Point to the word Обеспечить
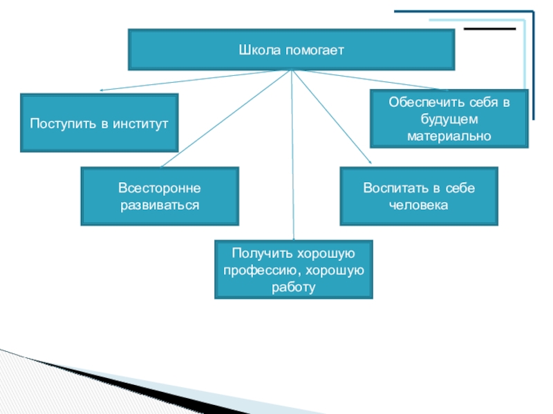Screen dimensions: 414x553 pos(420,103)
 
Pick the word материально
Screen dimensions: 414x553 pos(449,136)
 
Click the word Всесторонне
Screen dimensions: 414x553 pos(160,188)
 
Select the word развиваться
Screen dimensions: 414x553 pos(160,205)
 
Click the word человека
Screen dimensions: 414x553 pos(419,205)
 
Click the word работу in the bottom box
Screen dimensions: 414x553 pos(294,287)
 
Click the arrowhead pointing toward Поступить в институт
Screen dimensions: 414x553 pos(102,90)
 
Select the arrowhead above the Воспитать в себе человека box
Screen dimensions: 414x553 pos(369,161)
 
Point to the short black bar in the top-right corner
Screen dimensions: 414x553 pos(489,29)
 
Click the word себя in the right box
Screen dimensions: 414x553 pos(483,103)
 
